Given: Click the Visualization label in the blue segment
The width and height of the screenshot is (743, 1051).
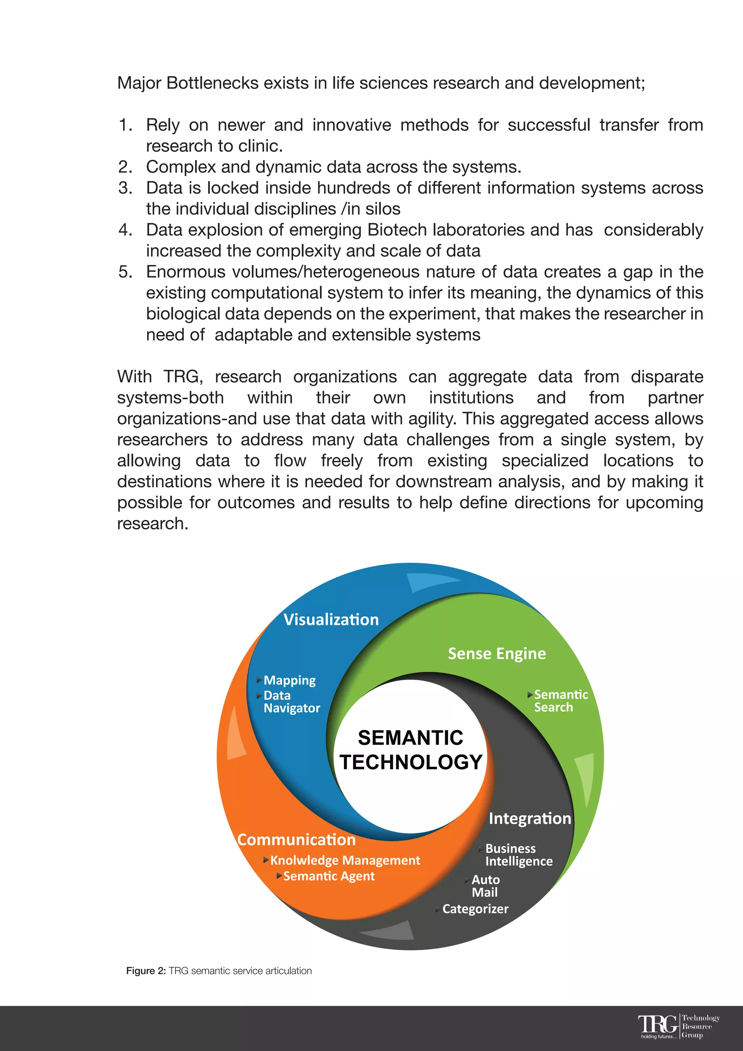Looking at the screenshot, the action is pos(331,619).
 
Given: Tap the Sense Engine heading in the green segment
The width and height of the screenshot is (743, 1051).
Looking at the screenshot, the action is pos(497,653).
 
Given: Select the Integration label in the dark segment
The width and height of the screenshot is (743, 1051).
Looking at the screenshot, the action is pos(530,818).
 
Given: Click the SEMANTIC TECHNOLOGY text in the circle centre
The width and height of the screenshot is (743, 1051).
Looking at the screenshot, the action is pos(411,750).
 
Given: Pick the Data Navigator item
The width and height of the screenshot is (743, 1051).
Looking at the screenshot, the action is pos(291,702).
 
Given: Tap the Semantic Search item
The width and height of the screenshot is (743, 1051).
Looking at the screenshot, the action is pos(561,701).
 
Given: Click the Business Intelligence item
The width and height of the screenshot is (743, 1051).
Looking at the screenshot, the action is pos(518,855).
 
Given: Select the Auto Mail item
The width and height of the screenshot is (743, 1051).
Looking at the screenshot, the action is pos(485,886).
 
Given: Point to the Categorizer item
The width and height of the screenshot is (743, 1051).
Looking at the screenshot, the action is pos(475,909).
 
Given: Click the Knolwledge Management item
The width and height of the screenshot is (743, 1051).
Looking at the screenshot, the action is pos(345,860).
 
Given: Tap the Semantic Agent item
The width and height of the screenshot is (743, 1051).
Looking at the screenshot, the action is pos(328,876).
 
